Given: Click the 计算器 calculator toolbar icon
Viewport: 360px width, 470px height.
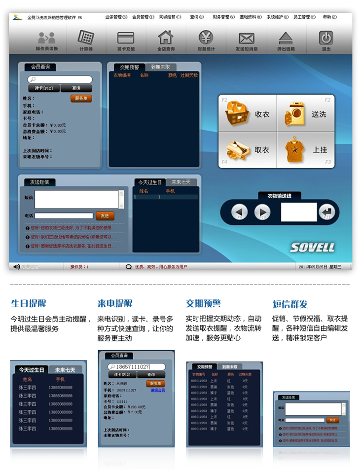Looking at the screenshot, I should click(86, 38).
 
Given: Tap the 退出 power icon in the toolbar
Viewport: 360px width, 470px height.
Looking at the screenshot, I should click(326, 38).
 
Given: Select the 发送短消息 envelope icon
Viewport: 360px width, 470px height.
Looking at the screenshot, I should click(246, 38).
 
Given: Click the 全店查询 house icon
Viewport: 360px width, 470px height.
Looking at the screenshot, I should click(166, 38).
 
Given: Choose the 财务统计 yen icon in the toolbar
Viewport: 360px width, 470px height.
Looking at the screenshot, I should click(206, 38).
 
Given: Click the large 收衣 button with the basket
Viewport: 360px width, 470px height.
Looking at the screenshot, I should click(248, 114).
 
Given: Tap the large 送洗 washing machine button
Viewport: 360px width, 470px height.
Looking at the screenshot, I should click(306, 114).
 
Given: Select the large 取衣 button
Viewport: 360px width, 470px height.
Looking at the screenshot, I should click(248, 149).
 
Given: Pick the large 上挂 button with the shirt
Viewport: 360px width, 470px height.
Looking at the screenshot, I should click(306, 149).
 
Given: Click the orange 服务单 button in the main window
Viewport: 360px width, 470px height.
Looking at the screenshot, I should click(81, 98).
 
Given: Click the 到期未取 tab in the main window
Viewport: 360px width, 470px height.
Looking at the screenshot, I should click(160, 67).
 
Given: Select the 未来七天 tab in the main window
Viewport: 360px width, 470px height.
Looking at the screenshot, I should click(181, 182).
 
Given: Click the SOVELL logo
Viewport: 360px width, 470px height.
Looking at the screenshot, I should click(312, 247).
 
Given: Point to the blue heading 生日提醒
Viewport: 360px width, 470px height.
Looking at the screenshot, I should click(29, 303).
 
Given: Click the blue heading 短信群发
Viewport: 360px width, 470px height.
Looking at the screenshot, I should click(290, 304).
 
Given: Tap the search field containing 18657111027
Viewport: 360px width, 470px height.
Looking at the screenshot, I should click(137, 366).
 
